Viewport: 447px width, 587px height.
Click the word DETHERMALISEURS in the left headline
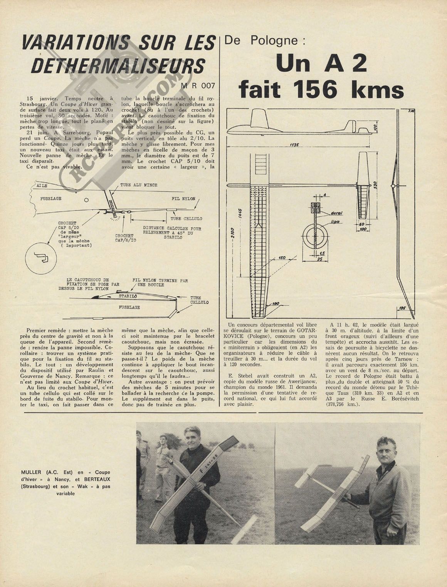(x=117, y=65)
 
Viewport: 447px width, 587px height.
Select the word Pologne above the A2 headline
(x=274, y=40)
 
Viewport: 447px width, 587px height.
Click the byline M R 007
(x=197, y=85)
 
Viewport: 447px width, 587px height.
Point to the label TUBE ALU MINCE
(x=139, y=185)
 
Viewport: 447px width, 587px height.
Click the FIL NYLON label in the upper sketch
(x=183, y=199)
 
